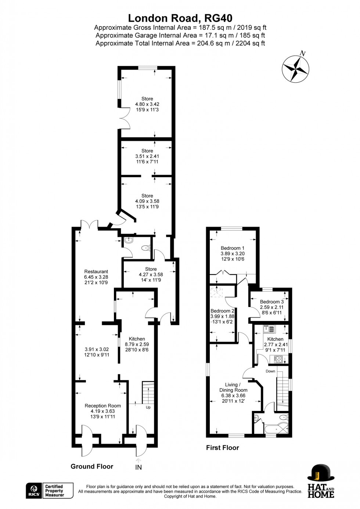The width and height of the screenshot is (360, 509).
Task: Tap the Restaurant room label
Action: point(96,271)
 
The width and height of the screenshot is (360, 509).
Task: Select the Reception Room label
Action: point(103,405)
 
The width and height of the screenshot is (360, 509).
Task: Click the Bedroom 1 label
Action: point(233,248)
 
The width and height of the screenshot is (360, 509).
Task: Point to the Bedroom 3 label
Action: point(272,302)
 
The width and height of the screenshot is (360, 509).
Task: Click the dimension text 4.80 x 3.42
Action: point(147,104)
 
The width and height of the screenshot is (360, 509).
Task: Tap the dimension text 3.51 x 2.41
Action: point(147,156)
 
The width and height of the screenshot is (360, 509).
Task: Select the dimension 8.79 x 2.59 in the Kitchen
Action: point(137,344)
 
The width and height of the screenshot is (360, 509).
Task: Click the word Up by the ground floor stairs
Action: point(148,407)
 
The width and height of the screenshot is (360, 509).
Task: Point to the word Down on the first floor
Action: point(270,371)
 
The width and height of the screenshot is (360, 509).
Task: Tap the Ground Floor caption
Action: point(92,466)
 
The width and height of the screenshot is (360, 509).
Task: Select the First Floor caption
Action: point(223,448)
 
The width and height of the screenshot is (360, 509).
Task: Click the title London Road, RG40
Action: point(180,18)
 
